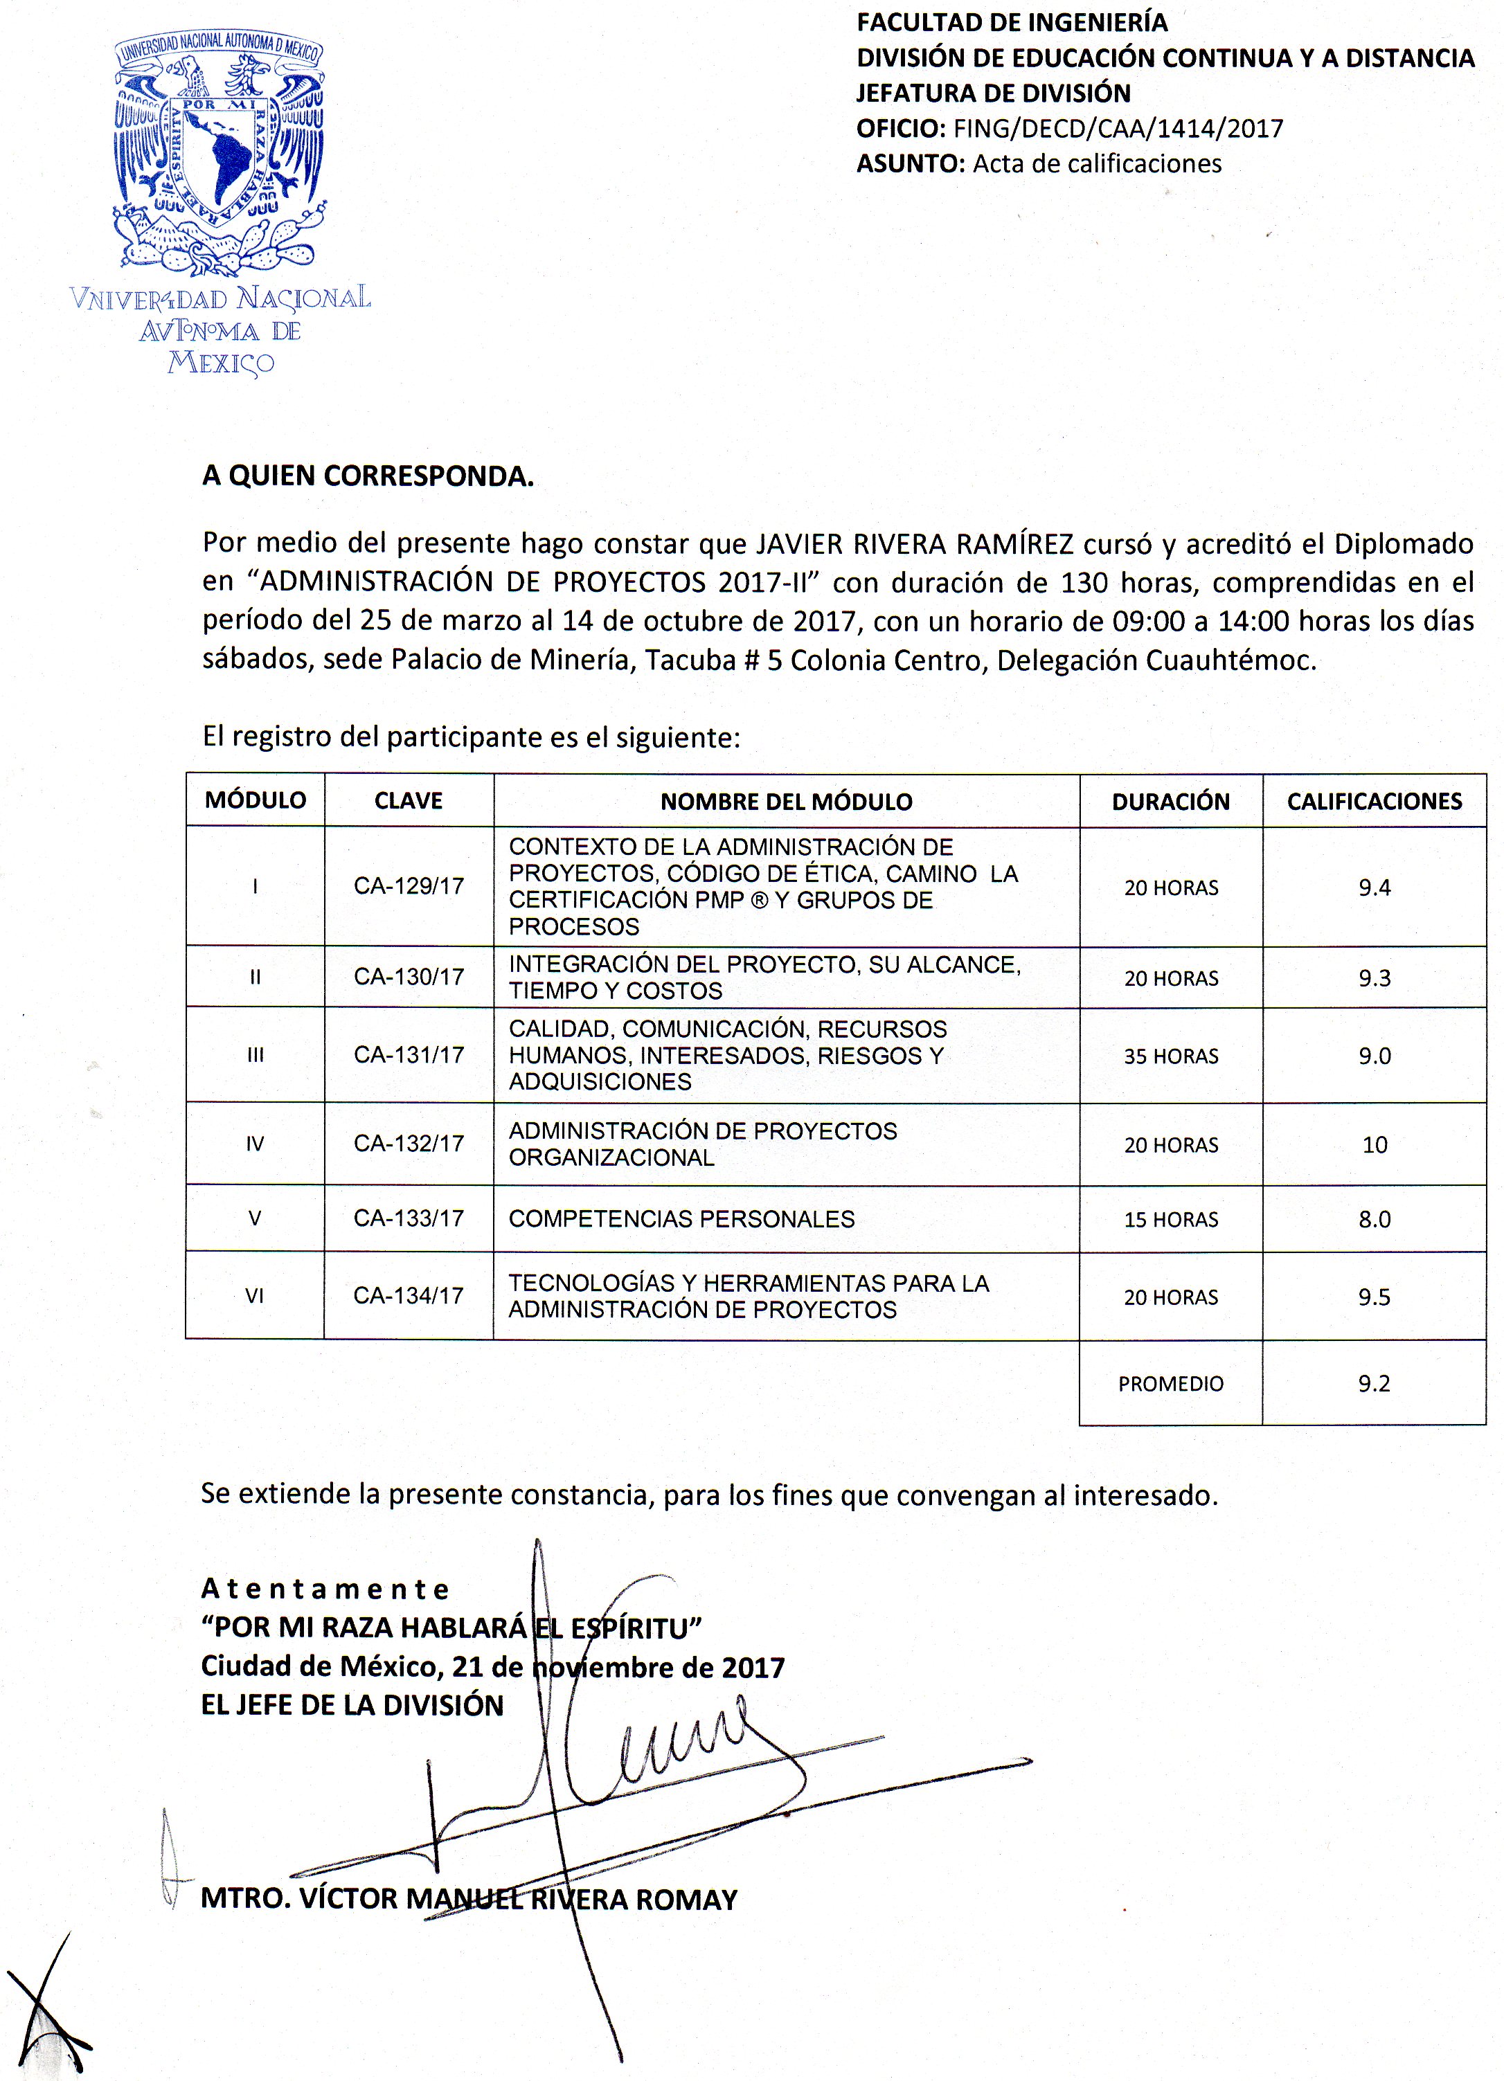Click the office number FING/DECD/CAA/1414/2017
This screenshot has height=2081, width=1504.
[x=1118, y=129]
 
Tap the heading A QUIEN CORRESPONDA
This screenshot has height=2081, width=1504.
[x=368, y=476]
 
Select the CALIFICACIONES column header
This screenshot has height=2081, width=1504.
[x=1374, y=801]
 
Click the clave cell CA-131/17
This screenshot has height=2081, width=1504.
[x=409, y=1055]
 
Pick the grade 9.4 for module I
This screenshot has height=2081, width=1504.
[x=1374, y=888]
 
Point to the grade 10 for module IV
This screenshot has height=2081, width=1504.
[x=1374, y=1144]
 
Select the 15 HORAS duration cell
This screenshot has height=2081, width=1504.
[x=1171, y=1219]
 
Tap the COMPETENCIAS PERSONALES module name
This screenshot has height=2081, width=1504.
[x=682, y=1218]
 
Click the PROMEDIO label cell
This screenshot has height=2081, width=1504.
[x=1170, y=1384]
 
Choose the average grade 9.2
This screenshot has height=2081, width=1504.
[x=1374, y=1384]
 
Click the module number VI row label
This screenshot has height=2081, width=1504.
[x=254, y=1295]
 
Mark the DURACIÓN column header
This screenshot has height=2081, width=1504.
[x=1170, y=801]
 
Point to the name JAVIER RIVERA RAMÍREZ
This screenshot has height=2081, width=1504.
[x=914, y=544]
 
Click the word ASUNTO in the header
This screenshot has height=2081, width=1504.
[x=908, y=164]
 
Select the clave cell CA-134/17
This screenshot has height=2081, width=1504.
[x=409, y=1295]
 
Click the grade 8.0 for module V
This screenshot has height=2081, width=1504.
[x=1374, y=1219]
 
